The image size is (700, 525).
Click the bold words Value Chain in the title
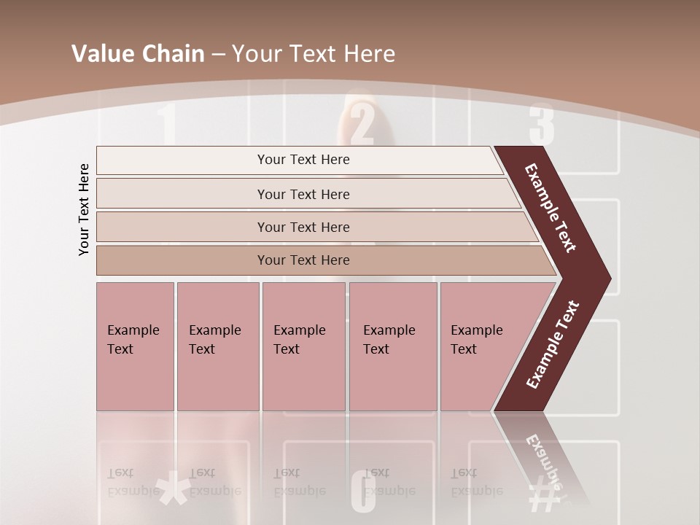coord(138,54)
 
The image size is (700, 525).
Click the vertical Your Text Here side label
coord(84,209)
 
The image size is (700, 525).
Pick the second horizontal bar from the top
coord(303,194)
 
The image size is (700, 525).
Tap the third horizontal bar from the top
coord(303,227)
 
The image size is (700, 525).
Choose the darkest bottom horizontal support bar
coord(303,260)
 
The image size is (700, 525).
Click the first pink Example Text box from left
coord(135,346)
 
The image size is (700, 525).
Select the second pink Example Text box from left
coord(218,346)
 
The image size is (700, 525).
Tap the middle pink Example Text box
coord(303,346)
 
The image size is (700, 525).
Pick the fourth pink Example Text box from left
coord(393,346)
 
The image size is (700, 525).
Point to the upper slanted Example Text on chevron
coord(551,208)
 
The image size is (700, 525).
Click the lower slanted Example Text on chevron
coord(553,345)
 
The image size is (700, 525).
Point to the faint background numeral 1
coord(167,124)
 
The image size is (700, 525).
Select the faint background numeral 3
coord(542,124)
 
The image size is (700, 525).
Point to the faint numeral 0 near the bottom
coord(363,492)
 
